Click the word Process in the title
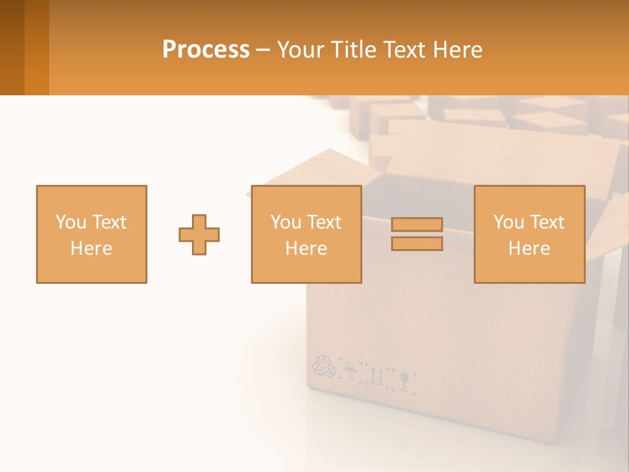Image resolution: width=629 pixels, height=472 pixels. click(x=206, y=50)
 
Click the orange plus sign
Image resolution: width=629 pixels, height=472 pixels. click(x=199, y=234)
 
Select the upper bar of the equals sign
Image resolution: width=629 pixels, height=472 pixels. click(x=417, y=225)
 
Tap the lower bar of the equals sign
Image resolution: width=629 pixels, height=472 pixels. click(x=417, y=243)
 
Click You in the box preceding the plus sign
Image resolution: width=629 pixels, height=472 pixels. click(x=70, y=222)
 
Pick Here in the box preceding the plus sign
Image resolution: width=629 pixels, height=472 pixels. click(x=91, y=248)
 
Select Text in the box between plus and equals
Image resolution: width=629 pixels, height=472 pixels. click(x=324, y=222)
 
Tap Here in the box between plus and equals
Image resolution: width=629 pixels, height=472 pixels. click(x=306, y=248)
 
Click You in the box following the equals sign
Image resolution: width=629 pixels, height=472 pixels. click(x=508, y=222)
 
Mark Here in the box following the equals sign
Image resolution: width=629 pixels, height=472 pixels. click(x=529, y=248)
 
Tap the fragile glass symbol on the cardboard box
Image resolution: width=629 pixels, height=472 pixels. click(x=406, y=380)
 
